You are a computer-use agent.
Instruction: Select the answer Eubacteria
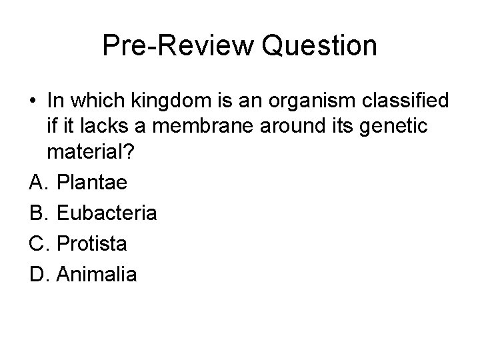point(107,213)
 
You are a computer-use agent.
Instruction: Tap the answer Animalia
point(97,273)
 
